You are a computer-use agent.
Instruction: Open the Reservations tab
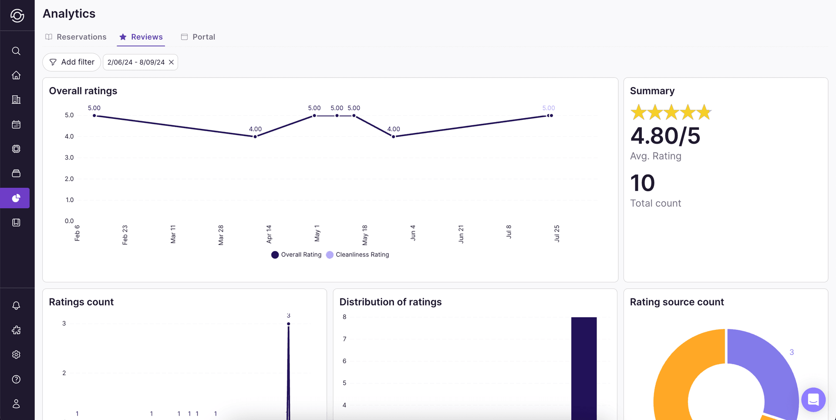(x=76, y=37)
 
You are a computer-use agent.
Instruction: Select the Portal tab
(x=198, y=37)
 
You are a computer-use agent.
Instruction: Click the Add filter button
(x=72, y=62)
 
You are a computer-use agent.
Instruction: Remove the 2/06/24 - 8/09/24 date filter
(x=172, y=62)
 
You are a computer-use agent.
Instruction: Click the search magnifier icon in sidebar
(x=16, y=51)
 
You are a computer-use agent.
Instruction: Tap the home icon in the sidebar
(x=16, y=75)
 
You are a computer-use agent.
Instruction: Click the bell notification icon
(x=16, y=305)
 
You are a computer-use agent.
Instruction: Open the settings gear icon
(x=16, y=355)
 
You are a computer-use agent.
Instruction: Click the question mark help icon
(x=16, y=379)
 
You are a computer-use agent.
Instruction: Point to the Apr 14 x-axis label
(x=269, y=234)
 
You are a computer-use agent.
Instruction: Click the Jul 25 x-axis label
(x=557, y=234)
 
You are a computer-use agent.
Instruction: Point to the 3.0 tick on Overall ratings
(x=69, y=158)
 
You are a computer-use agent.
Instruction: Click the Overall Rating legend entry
(x=297, y=255)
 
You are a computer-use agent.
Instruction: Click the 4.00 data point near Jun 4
(x=394, y=137)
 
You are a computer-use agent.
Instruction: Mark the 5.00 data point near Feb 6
(x=94, y=116)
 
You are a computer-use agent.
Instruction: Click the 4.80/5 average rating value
(x=665, y=136)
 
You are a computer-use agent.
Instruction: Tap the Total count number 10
(x=642, y=183)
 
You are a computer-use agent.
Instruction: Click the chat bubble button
(x=813, y=400)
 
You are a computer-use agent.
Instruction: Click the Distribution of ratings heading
(x=390, y=302)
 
